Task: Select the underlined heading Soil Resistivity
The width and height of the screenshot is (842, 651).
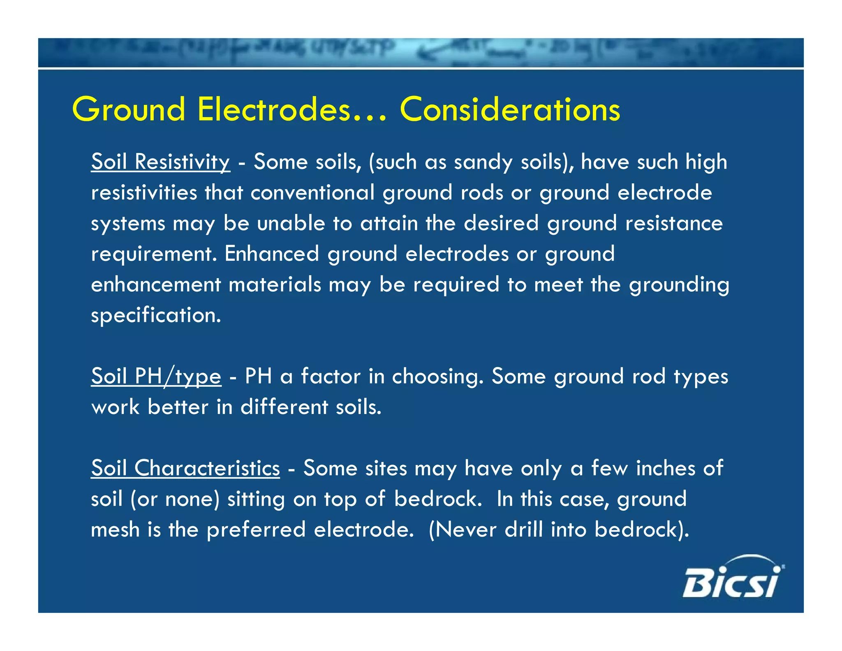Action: (x=160, y=162)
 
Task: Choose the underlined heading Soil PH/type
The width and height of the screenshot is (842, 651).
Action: (x=156, y=376)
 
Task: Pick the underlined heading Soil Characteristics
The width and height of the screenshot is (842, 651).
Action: (x=185, y=468)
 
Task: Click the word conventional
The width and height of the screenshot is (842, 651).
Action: (x=312, y=193)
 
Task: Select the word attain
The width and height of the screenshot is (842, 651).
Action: (x=389, y=223)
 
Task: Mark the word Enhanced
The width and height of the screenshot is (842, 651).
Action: (x=272, y=254)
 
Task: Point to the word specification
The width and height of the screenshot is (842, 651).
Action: (x=156, y=316)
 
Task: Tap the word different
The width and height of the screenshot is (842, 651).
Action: (x=284, y=407)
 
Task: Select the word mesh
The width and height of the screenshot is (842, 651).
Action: (x=115, y=530)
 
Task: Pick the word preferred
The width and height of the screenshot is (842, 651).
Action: (x=256, y=530)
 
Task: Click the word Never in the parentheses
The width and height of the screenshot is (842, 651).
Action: (x=466, y=530)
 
